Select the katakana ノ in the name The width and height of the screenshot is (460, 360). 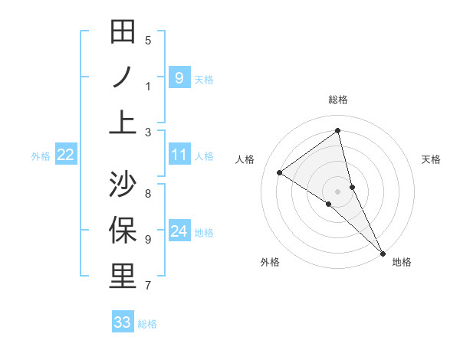pyautogui.click(x=123, y=78)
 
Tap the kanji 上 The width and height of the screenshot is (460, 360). pyautogui.click(x=123, y=123)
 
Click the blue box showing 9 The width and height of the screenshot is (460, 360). pyautogui.click(x=179, y=77)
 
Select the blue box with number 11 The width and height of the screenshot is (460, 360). pyautogui.click(x=179, y=155)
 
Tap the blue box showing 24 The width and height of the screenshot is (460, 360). pyautogui.click(x=179, y=231)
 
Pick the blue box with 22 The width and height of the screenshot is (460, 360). pyautogui.click(x=66, y=155)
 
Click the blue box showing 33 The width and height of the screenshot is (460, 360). pyautogui.click(x=123, y=322)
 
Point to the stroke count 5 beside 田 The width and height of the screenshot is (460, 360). pyautogui.click(x=148, y=41)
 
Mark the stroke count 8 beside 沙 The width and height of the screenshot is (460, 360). pyautogui.click(x=148, y=193)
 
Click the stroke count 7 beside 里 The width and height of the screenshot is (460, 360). pyautogui.click(x=148, y=286)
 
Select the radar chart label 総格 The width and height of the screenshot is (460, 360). pyautogui.click(x=338, y=100)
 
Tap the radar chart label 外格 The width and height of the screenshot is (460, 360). pyautogui.click(x=270, y=263)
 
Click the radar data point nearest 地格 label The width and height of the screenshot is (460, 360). pyautogui.click(x=383, y=253)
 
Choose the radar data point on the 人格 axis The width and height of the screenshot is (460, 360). pyautogui.click(x=280, y=172)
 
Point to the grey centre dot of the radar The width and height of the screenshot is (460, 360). pyautogui.click(x=337, y=191)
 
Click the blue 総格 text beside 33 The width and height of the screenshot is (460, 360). pyautogui.click(x=147, y=324)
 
